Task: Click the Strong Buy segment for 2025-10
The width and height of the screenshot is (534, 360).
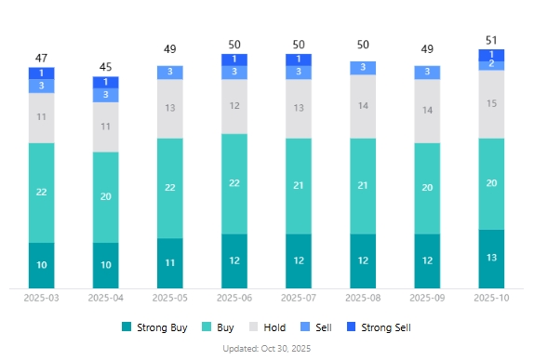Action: tap(491, 258)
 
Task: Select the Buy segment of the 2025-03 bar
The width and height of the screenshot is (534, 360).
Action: tap(41, 192)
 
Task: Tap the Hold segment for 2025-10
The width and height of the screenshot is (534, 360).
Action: tap(491, 103)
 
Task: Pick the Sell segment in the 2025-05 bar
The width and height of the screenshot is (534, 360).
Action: tap(169, 72)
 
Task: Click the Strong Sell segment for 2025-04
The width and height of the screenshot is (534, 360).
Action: tap(105, 82)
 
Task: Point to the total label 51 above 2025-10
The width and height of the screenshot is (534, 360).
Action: tap(491, 40)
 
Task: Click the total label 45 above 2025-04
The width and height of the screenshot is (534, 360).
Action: tap(105, 66)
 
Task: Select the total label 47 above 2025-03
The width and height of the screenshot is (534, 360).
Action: tap(41, 58)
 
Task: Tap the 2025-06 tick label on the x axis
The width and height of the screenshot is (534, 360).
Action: tap(234, 299)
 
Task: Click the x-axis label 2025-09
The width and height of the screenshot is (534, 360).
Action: tap(427, 299)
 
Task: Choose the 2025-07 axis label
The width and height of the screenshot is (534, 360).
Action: tap(299, 299)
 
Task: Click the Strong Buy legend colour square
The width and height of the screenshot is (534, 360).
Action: tap(127, 327)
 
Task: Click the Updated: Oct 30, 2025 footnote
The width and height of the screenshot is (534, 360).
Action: tap(267, 348)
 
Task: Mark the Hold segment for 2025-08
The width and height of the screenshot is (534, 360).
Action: tap(363, 106)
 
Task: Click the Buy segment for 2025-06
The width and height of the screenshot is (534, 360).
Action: tap(234, 183)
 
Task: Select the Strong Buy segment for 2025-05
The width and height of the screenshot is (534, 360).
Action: tap(169, 263)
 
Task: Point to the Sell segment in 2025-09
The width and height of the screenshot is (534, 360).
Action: tap(427, 72)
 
